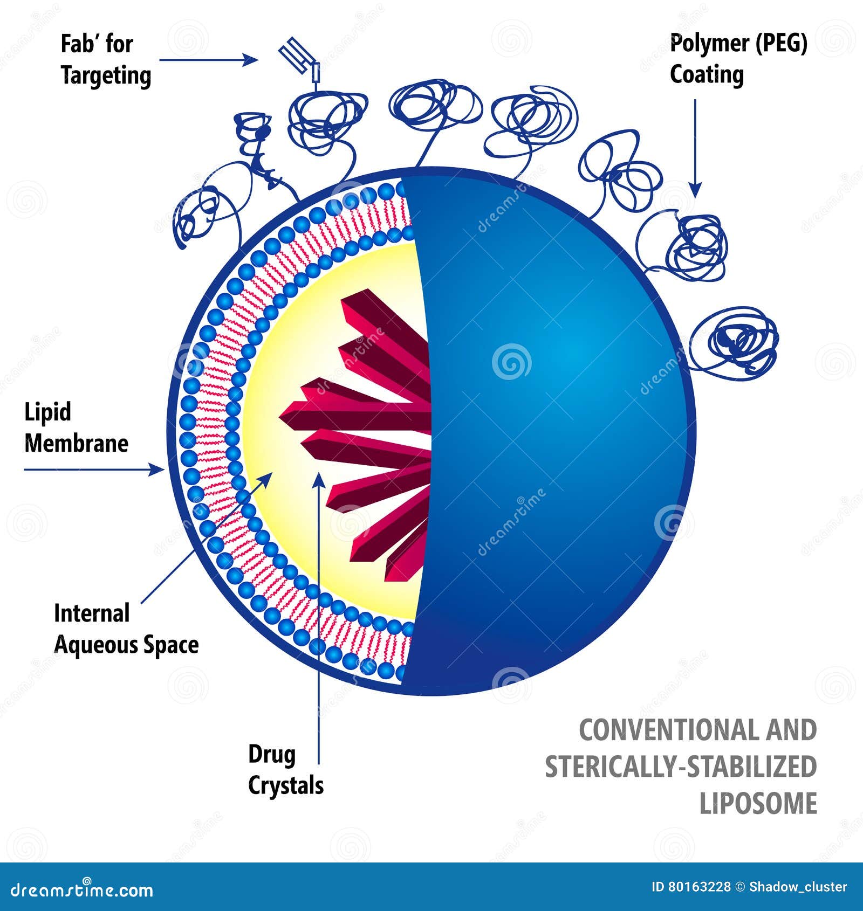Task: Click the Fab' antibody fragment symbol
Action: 299,60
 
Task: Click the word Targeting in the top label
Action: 106,75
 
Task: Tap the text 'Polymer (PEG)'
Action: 738,44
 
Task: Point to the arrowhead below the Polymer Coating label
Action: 695,189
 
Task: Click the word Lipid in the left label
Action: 48,412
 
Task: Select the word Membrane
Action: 77,443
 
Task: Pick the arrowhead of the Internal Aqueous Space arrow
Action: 266,479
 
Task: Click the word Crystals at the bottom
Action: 286,786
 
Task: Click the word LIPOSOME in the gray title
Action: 758,803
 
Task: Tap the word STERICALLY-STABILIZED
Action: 681,767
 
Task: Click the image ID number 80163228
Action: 700,887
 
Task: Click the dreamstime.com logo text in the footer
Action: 82,889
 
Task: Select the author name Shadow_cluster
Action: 798,887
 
